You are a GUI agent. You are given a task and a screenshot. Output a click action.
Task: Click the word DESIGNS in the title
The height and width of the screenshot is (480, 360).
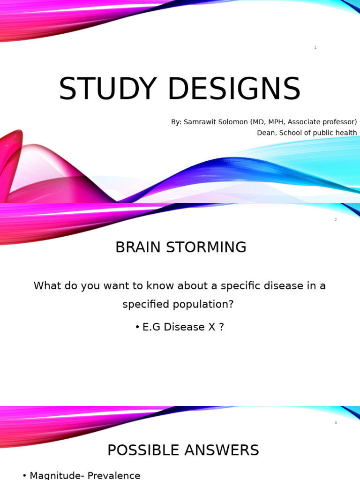[234, 89]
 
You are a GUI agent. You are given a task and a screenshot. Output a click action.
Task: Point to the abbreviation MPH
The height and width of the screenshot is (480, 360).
[279, 122]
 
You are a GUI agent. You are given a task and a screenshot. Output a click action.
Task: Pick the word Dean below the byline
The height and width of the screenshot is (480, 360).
[266, 133]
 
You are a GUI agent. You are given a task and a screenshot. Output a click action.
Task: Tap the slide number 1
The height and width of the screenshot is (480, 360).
[315, 47]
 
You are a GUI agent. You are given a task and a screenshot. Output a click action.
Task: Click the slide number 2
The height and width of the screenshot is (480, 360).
[336, 219]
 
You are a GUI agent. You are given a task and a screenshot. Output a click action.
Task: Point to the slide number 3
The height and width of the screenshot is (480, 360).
[336, 423]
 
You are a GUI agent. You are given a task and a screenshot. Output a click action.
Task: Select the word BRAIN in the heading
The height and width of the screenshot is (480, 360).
[136, 247]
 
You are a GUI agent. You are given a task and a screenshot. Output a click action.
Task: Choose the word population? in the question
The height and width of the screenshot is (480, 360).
[205, 304]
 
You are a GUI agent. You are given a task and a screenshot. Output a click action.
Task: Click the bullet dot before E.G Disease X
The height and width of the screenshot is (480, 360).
[137, 327]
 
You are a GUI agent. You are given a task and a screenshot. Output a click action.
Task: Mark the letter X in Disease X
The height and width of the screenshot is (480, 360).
[211, 327]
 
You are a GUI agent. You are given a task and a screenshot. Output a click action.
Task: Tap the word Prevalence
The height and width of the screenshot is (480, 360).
[115, 475]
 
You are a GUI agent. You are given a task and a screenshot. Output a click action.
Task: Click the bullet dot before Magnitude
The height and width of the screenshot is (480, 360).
[24, 476]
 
